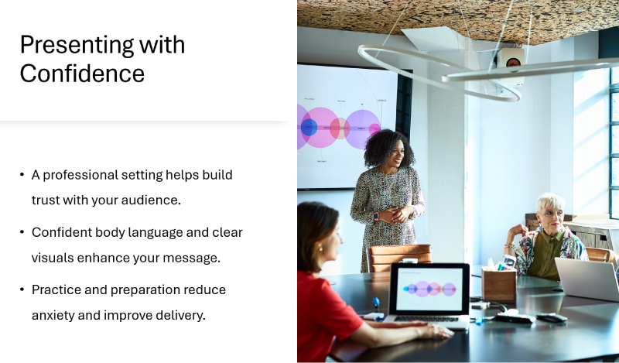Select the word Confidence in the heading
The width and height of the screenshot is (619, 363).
pos(82,74)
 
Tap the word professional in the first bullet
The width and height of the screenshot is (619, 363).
pos(83,175)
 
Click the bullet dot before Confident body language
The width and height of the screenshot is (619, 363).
pos(22,232)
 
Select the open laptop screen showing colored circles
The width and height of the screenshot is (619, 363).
pos(429,289)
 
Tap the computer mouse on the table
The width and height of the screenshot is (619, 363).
pos(551,317)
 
